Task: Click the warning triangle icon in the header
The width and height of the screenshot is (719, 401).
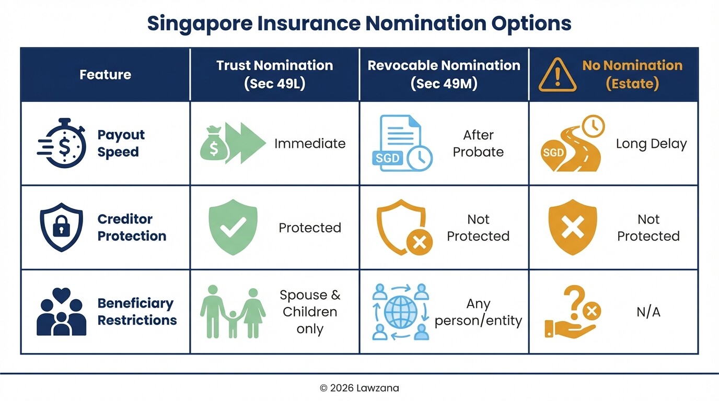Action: pos(557,75)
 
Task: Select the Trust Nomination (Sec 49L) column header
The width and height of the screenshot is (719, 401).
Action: pos(274,74)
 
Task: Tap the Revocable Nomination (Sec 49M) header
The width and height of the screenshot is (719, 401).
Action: pos(444,74)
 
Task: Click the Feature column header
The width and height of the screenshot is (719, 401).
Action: pos(105,75)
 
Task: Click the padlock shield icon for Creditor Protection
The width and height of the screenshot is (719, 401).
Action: pos(62,227)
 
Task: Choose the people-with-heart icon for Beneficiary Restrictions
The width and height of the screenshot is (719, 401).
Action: pos(62,312)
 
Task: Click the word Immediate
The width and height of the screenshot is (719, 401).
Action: pos(310,144)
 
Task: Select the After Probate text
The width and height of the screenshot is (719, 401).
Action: pos(478,144)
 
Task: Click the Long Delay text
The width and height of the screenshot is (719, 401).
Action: pos(651,144)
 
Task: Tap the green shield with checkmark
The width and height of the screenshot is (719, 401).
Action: pos(233,227)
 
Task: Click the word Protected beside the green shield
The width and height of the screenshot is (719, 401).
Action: pos(310,228)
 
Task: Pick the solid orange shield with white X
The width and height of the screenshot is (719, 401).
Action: pos(572,227)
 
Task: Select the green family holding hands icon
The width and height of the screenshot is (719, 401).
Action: pos(233,312)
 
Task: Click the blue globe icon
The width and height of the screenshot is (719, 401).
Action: pos(400,312)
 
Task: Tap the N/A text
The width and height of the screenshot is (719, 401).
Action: pos(648,312)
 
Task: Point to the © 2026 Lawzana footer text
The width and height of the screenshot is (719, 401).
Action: pos(359,388)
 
